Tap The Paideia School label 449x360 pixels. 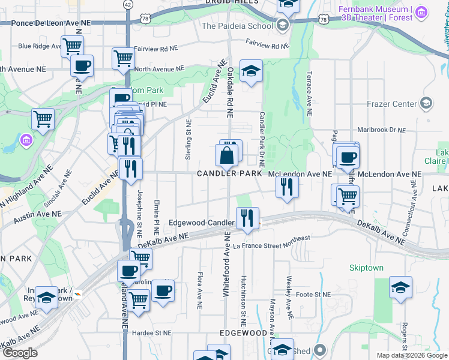[237, 26]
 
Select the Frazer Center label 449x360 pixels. [391, 104]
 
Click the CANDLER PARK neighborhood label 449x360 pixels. [230, 173]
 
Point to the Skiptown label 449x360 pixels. [366, 268]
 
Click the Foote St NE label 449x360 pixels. [313, 295]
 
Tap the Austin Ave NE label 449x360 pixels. [38, 214]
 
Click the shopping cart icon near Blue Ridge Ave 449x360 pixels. [73, 45]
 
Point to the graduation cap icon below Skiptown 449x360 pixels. [400, 286]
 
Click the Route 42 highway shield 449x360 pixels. [128, 4]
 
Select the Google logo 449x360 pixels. [19, 353]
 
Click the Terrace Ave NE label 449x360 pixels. [309, 96]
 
